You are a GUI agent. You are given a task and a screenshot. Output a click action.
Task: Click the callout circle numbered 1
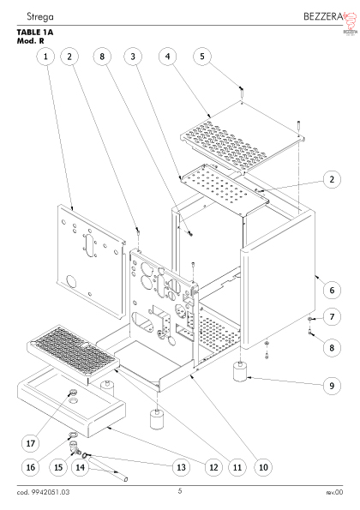coord(45,57)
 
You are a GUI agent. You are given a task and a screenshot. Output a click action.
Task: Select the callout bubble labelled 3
coord(133,57)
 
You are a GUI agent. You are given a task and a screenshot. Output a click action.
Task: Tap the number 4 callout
coord(167,57)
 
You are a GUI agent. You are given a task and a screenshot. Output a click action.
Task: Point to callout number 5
coord(202,57)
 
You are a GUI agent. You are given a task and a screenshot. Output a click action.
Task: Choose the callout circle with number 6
coord(332,290)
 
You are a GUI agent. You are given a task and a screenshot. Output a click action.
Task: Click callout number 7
coord(332,316)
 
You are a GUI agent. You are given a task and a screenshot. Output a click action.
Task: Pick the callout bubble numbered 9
coord(332,386)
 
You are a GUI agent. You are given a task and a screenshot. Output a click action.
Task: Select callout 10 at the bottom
coord(263,467)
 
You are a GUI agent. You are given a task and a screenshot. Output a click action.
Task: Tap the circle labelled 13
coord(181,467)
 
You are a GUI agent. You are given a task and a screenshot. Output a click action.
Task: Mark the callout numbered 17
coord(30,443)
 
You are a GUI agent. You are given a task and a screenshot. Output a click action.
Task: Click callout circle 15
coord(58,467)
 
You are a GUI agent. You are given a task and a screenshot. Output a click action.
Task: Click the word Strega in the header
coord(40,16)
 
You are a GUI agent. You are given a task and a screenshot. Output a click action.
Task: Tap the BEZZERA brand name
coord(323,16)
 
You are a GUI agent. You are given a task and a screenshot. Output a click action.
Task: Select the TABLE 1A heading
coord(35,33)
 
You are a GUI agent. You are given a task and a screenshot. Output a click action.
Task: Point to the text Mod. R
coord(31,41)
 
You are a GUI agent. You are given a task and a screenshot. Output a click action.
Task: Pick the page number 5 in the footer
coord(180,491)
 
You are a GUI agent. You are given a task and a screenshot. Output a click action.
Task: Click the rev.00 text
coord(334,492)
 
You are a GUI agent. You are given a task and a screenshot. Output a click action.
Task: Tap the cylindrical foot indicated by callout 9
coord(241,372)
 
